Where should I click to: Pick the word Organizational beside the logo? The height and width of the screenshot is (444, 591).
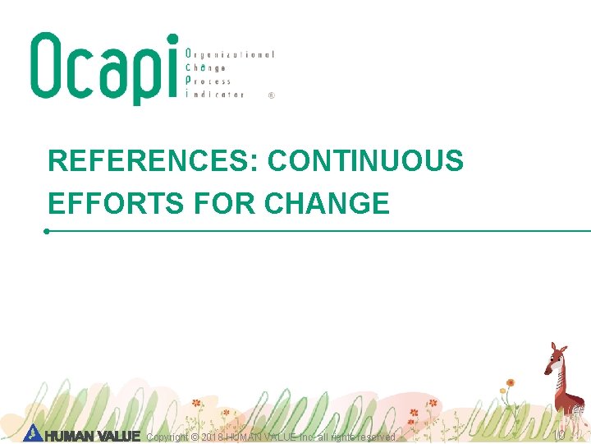tap(230, 54)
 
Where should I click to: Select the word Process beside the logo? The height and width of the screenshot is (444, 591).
tap(209, 81)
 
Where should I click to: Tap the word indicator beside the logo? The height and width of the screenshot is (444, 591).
tap(215, 95)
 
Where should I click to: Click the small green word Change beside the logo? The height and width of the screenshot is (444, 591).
tap(206, 67)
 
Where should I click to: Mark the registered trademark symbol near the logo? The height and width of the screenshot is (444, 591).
tap(272, 95)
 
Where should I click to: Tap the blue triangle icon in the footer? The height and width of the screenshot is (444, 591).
tap(32, 432)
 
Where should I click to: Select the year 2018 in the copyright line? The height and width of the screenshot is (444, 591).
tap(210, 437)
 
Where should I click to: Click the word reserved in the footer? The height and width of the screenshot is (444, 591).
tap(376, 437)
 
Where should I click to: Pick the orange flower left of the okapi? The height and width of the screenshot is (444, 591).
tap(510, 382)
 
